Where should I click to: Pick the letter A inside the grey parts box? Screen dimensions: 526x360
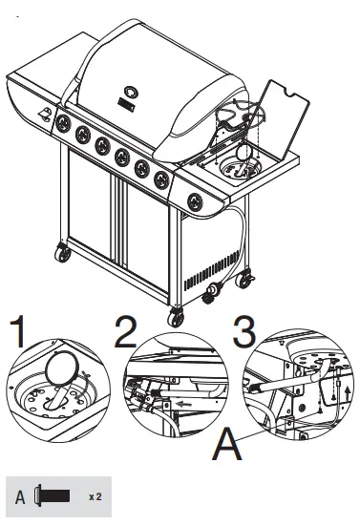(x=21, y=496)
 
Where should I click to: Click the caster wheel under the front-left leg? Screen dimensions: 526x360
(x=64, y=253)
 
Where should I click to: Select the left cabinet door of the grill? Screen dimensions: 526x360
(x=93, y=214)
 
